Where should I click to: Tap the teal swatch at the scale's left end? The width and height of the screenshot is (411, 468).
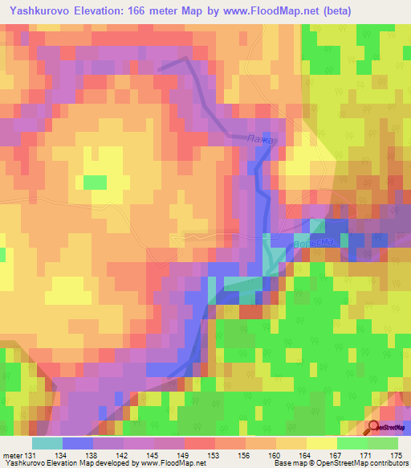(x=47, y=443)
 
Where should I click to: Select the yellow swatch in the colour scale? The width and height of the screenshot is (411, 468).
(x=321, y=443)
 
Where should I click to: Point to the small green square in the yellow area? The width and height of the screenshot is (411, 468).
(x=95, y=183)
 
